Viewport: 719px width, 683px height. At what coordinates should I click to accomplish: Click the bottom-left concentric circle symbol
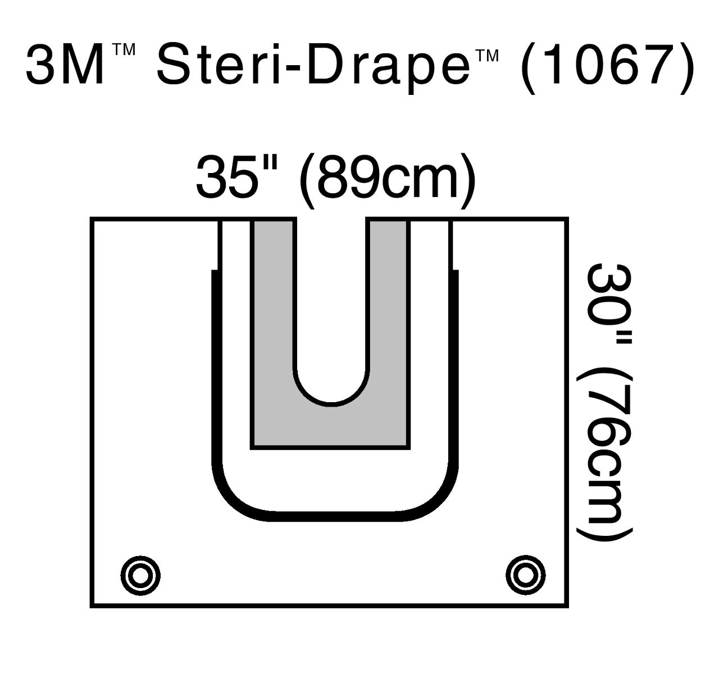tap(140, 575)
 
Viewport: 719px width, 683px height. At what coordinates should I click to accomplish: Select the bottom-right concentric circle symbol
tap(525, 575)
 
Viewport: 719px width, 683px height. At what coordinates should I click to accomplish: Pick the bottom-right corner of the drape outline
tap(567, 607)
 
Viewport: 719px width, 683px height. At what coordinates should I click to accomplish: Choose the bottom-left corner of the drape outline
tap(92, 607)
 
